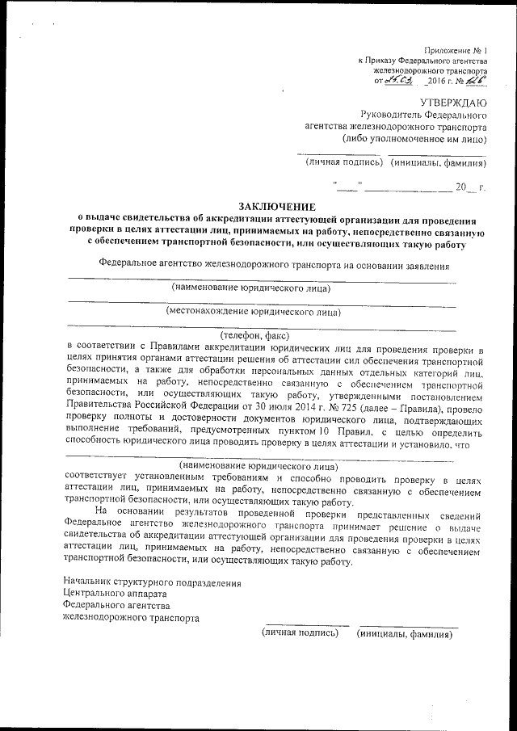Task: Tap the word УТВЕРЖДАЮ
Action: click(452, 102)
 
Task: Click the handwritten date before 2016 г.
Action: click(398, 81)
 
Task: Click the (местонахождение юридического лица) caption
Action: click(253, 310)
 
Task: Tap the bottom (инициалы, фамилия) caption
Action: click(405, 633)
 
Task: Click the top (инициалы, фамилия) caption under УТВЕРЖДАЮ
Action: click(439, 163)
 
